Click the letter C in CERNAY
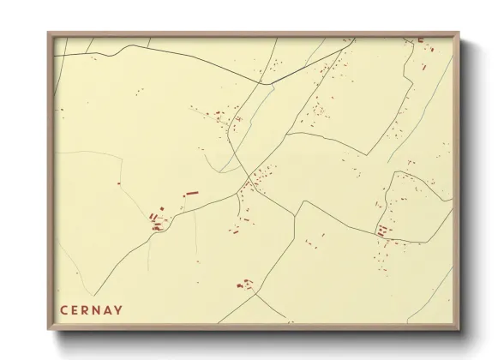tap(64, 310)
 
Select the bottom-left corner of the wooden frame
tap(49, 330)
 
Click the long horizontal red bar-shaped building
tap(191, 194)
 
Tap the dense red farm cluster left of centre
tap(156, 222)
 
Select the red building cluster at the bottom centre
tap(246, 283)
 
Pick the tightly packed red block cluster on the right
tap(381, 230)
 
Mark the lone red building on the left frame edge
tap(60, 110)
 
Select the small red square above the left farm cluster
tap(161, 208)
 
